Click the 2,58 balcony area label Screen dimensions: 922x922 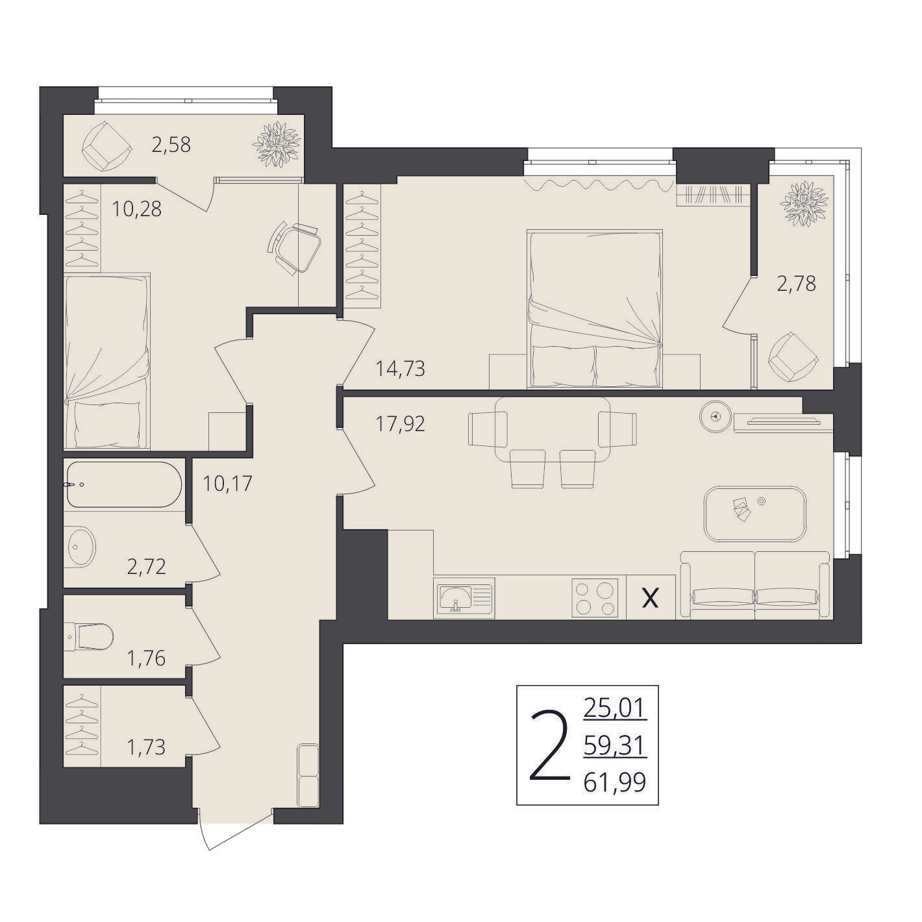click(x=171, y=145)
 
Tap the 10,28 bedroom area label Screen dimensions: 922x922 click(x=136, y=209)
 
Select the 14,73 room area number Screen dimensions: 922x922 click(x=400, y=369)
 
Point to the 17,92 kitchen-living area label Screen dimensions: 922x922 click(x=400, y=424)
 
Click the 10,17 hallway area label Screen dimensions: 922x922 click(x=227, y=484)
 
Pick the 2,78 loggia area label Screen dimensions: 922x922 click(x=795, y=284)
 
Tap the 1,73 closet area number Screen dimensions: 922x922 click(x=146, y=747)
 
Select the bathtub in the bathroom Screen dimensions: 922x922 click(x=125, y=484)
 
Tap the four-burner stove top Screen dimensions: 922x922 click(x=595, y=597)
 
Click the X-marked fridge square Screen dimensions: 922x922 click(x=650, y=597)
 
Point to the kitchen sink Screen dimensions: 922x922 click(x=464, y=597)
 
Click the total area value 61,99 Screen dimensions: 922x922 click(x=615, y=783)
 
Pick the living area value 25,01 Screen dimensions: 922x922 click(x=615, y=708)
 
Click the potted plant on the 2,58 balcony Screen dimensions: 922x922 click(x=277, y=144)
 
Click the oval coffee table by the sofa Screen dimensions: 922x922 click(x=756, y=514)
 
